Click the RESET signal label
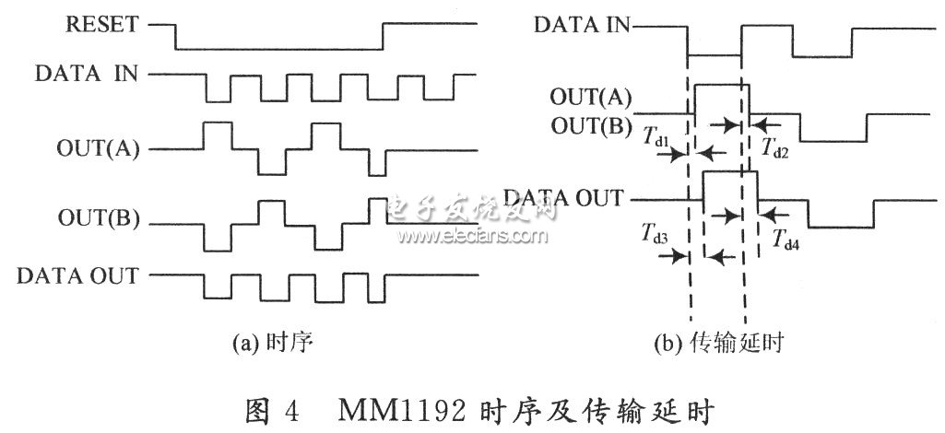pyautogui.click(x=101, y=25)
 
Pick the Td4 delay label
pyautogui.click(x=786, y=239)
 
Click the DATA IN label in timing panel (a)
pyautogui.click(x=86, y=74)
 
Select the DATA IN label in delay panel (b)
pyautogui.click(x=582, y=25)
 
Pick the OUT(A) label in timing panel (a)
pyautogui.click(x=98, y=149)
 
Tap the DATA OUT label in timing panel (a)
pyautogui.click(x=77, y=275)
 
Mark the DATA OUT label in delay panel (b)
pyautogui.click(x=563, y=197)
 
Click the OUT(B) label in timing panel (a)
pyautogui.click(x=99, y=218)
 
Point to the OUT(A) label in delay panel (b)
pyautogui.click(x=590, y=97)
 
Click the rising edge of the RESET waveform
pyautogui.click(x=383, y=37)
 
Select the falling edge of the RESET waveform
pyautogui.click(x=175, y=37)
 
